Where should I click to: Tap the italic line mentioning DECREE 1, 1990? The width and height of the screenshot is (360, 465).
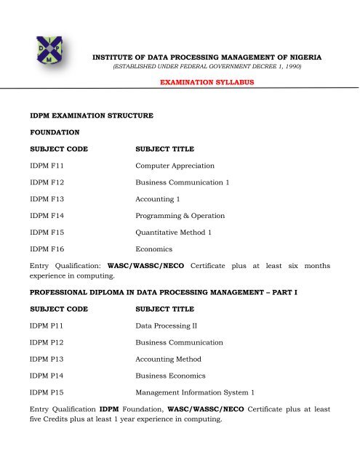(205, 66)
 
